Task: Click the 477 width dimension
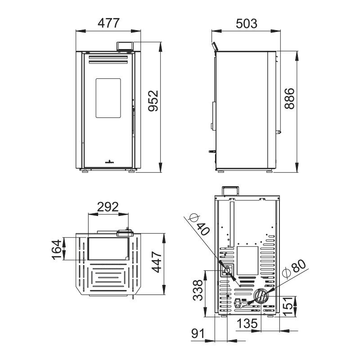pos(108,23)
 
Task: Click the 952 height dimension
pos(153,101)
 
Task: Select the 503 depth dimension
pos(247,24)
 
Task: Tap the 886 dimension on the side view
pos(289,99)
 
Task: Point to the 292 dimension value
pos(108,207)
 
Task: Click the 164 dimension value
pos(57,250)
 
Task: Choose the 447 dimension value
pos(157,262)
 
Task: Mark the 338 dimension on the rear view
pos(198,290)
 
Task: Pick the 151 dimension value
pos(288,306)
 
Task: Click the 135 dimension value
pos(247,324)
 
